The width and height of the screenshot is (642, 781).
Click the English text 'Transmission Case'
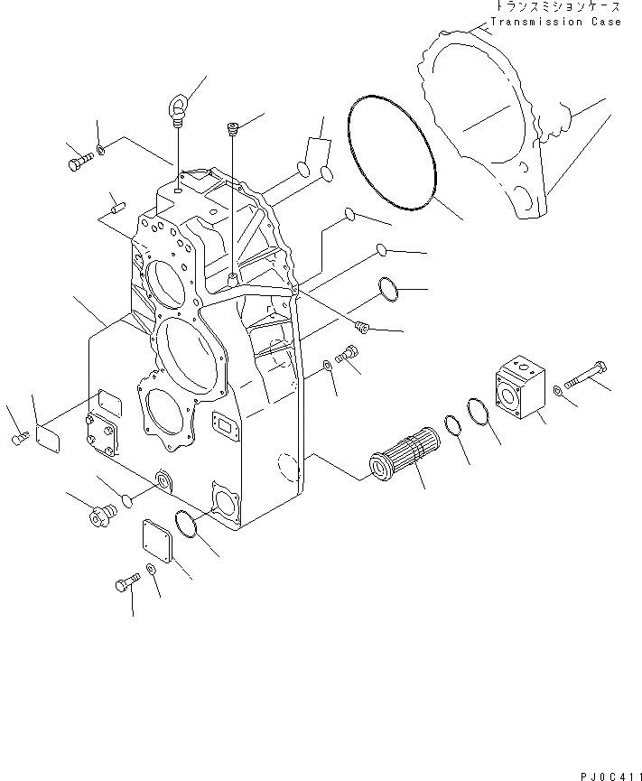[x=555, y=22]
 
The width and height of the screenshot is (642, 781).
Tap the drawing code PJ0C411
[x=607, y=774]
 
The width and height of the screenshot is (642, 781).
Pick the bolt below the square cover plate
[x=126, y=585]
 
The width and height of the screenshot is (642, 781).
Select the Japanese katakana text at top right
[x=554, y=7]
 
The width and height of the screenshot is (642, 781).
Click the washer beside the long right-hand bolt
[x=562, y=391]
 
